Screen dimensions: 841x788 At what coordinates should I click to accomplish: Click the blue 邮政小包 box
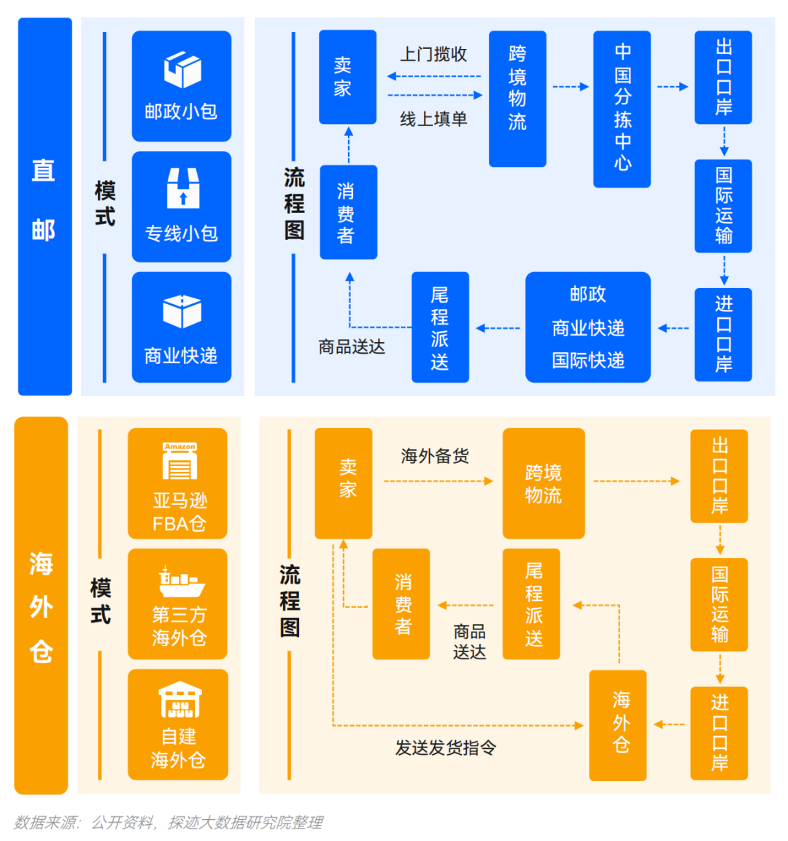click(181, 86)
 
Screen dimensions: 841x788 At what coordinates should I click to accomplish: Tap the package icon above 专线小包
click(182, 188)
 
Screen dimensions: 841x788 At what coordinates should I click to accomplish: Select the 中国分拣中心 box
click(622, 109)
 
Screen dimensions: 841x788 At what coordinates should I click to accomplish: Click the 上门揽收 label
click(433, 55)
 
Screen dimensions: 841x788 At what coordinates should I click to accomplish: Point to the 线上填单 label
click(433, 119)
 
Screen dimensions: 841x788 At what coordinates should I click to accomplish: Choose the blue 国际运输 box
click(723, 206)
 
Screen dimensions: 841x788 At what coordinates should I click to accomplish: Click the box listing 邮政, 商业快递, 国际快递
click(587, 328)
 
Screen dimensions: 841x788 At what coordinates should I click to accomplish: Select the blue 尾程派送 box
click(440, 328)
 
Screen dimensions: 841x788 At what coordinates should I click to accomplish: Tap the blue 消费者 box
click(348, 212)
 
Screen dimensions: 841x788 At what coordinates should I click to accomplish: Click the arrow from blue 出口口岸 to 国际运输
click(724, 141)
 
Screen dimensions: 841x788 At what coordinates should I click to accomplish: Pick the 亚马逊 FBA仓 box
click(178, 484)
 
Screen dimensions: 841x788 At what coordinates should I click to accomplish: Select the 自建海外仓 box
click(178, 724)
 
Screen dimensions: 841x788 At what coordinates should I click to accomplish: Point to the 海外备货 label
click(435, 457)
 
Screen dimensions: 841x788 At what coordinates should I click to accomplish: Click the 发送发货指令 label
click(445, 748)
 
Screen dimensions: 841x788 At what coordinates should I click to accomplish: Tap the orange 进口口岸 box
click(719, 733)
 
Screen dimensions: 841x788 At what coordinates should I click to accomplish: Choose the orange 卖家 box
click(344, 483)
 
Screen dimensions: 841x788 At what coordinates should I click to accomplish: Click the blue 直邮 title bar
click(45, 206)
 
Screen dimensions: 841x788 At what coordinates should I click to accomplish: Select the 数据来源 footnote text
click(168, 823)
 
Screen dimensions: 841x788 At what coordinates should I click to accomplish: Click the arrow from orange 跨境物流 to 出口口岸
click(636, 481)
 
